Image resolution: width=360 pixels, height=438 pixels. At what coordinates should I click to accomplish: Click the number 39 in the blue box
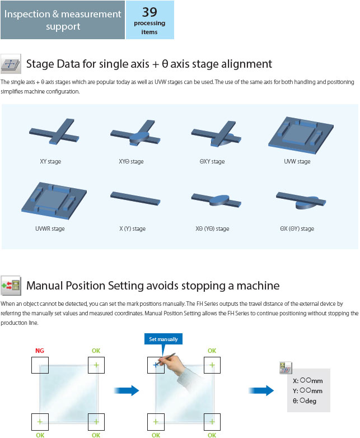(x=149, y=12)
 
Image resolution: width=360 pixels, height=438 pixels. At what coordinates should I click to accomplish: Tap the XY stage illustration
(x=54, y=131)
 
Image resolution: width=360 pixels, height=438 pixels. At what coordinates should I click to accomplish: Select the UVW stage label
(x=297, y=161)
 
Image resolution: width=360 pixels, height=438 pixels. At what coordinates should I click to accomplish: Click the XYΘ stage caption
(x=131, y=161)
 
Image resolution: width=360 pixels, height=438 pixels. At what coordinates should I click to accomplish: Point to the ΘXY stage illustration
(x=216, y=134)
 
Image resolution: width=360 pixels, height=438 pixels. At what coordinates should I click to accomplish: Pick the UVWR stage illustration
(x=54, y=201)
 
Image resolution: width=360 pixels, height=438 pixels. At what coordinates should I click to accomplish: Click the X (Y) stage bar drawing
(x=135, y=198)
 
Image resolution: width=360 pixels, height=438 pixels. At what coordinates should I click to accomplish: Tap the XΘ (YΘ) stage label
(x=212, y=229)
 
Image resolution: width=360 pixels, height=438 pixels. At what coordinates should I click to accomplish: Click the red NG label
(x=40, y=351)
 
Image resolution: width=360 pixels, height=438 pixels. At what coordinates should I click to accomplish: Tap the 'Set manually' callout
(x=163, y=339)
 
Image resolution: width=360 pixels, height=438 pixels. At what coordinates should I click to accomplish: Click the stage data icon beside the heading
(x=11, y=64)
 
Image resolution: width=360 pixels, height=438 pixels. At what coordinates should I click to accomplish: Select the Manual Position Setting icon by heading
(x=11, y=286)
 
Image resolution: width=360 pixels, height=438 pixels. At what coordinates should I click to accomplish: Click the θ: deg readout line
(x=305, y=401)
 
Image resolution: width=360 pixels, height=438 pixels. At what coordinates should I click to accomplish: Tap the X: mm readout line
(x=308, y=380)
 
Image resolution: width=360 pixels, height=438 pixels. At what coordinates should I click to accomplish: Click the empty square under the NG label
(x=40, y=365)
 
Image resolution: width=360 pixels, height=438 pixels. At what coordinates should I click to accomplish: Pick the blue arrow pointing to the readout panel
(x=261, y=390)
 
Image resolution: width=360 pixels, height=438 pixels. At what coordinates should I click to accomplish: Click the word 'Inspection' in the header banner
(x=27, y=14)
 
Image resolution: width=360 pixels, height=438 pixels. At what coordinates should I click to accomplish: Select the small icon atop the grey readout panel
(x=286, y=367)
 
